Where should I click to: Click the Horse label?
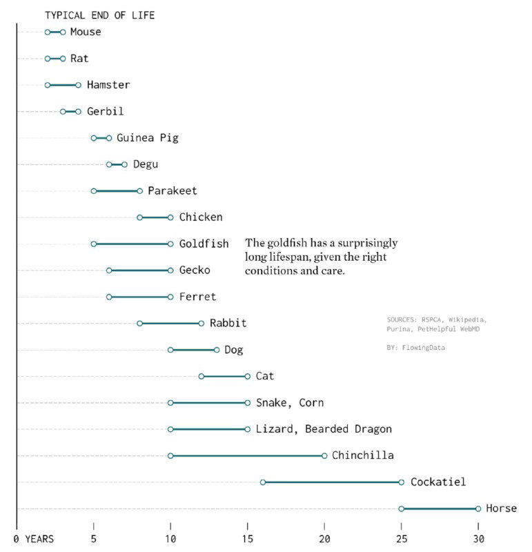click(x=501, y=509)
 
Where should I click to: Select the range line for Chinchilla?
click(x=247, y=455)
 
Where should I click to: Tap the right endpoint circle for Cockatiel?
click(x=401, y=482)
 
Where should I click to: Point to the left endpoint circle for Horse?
click(x=401, y=509)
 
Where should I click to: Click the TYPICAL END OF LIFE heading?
click(x=99, y=15)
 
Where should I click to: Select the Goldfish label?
click(x=204, y=244)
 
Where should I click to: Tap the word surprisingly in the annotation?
click(x=361, y=243)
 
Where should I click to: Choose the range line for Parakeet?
click(x=117, y=190)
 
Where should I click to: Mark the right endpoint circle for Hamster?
click(x=78, y=85)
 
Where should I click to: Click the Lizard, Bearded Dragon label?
click(x=324, y=429)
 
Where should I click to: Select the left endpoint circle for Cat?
click(x=201, y=376)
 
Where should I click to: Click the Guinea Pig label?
click(x=147, y=137)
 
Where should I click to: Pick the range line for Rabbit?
click(x=170, y=323)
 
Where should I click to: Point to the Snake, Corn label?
click(x=289, y=402)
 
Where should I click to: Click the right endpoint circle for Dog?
click(x=217, y=350)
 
